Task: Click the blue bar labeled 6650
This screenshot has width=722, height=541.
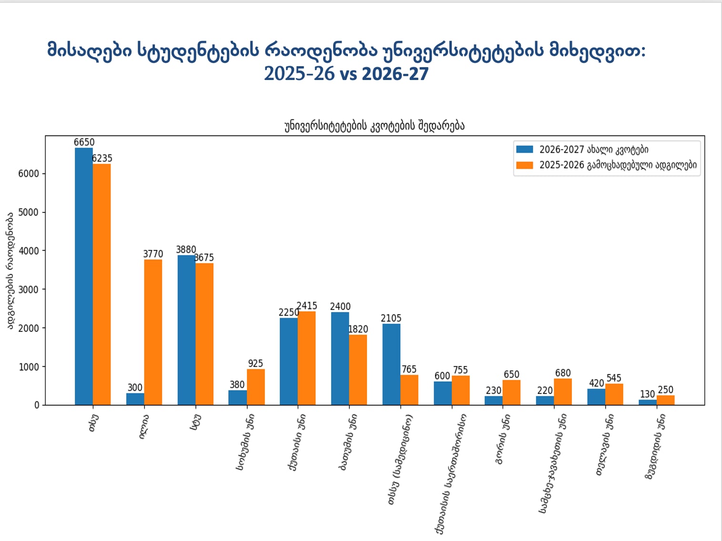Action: click(x=84, y=276)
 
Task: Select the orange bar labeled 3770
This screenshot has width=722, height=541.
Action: click(x=153, y=332)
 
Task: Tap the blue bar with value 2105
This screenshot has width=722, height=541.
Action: click(x=391, y=364)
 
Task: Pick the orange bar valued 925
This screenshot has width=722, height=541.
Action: click(x=256, y=387)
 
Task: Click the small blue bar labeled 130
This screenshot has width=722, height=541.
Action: click(x=648, y=402)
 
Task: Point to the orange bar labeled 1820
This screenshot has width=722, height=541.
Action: click(x=358, y=370)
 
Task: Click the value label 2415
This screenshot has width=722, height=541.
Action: click(x=307, y=306)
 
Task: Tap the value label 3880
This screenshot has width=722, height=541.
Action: click(x=186, y=250)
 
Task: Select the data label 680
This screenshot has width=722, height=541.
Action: click(x=563, y=373)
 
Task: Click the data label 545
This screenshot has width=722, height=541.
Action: click(x=614, y=378)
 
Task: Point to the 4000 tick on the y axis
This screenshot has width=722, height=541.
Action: click(x=29, y=251)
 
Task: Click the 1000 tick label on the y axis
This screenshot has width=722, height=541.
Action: click(x=29, y=367)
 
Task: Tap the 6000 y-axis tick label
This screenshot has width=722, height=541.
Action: click(x=29, y=174)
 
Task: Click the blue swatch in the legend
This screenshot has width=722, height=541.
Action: click(x=525, y=150)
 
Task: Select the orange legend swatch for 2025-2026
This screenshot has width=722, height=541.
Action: click(x=525, y=165)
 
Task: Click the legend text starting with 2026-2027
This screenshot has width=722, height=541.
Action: click(x=594, y=150)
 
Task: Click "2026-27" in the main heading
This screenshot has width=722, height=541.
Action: click(x=395, y=74)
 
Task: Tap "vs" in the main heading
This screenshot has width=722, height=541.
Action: click(x=348, y=74)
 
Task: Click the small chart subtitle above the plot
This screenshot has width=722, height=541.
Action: click(x=375, y=126)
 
